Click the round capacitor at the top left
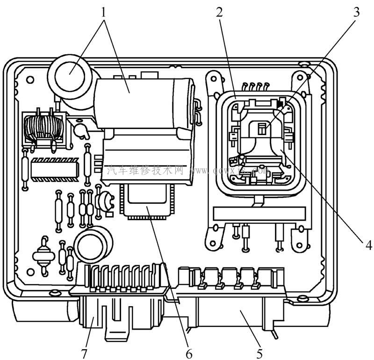click(70, 72)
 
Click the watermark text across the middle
click(187, 171)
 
